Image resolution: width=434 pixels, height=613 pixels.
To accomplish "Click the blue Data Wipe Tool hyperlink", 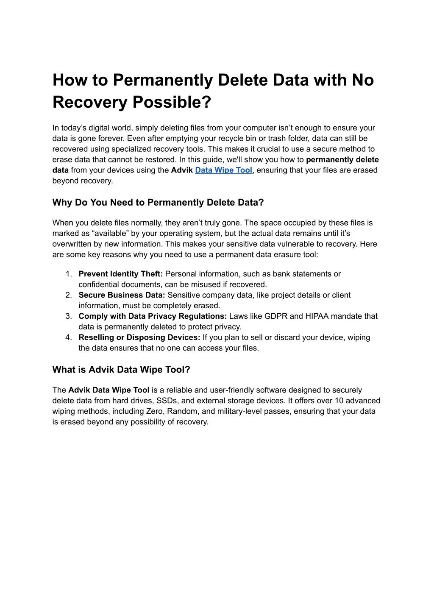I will click(223, 170).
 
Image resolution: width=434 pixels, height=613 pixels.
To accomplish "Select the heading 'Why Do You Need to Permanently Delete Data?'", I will click(158, 202).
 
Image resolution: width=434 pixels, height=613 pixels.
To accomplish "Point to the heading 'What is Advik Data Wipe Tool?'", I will click(121, 369).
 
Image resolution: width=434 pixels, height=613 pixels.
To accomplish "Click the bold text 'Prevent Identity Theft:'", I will click(121, 274).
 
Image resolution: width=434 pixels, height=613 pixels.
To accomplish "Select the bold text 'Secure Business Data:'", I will click(122, 295).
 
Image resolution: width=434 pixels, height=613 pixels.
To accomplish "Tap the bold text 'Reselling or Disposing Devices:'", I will click(139, 337).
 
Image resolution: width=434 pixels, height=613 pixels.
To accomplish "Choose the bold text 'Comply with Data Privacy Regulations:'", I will click(153, 316).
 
